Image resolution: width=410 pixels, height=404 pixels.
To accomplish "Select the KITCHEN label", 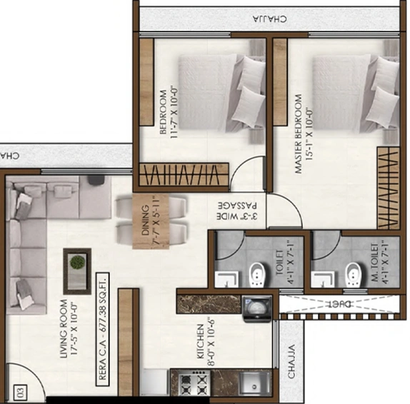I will click(203, 335).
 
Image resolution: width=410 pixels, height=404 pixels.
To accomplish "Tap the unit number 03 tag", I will click(19, 390).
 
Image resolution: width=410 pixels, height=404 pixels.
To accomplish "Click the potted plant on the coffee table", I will click(76, 262).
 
